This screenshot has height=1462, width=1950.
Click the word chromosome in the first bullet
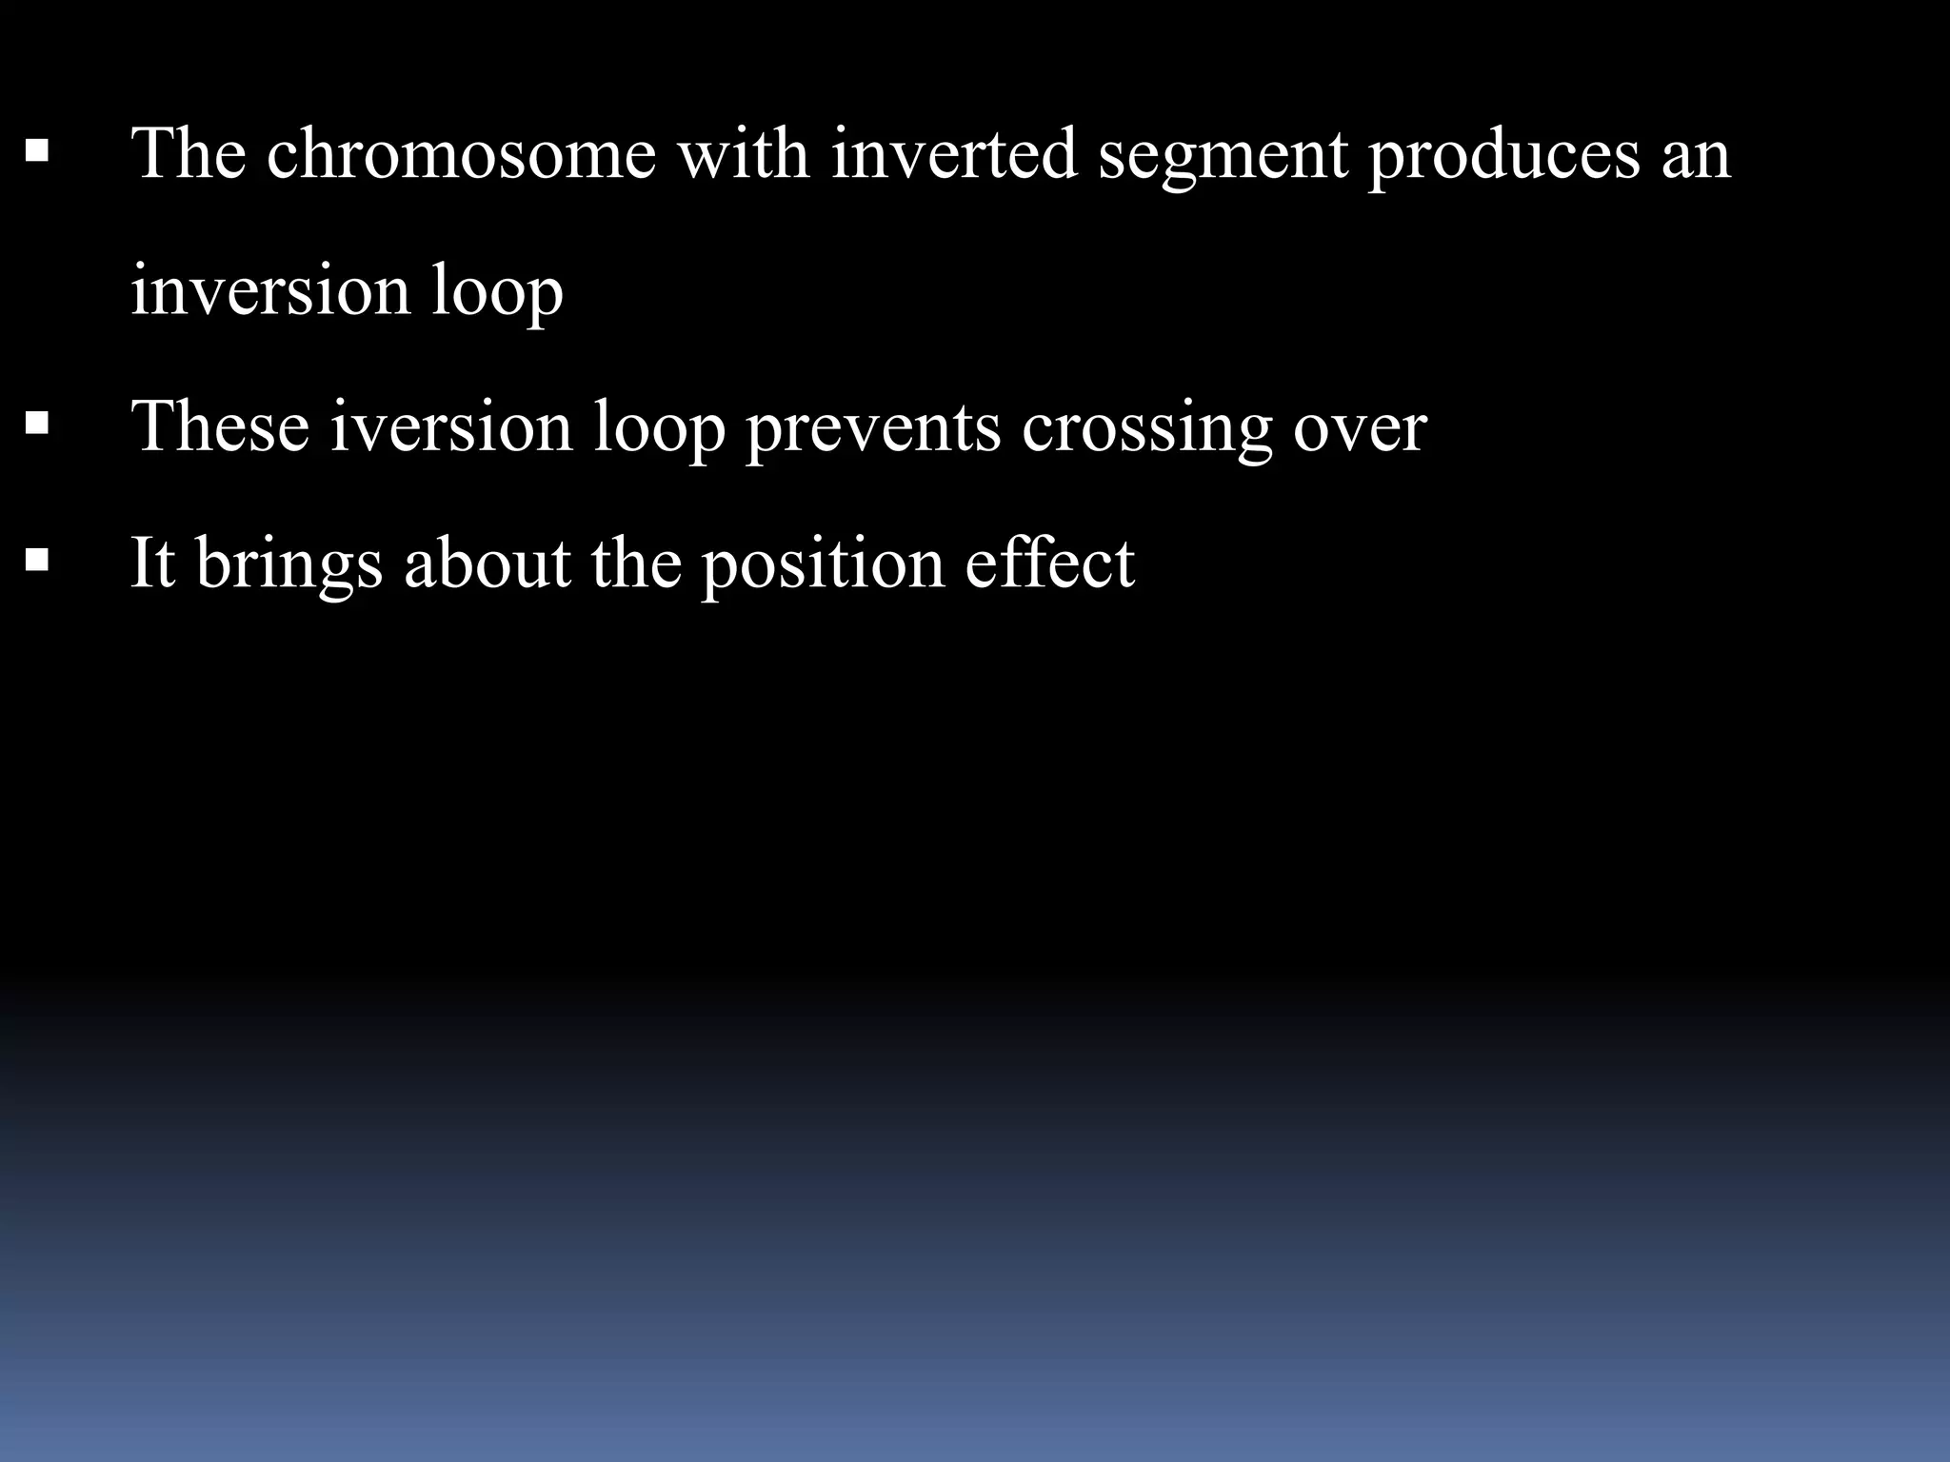coord(461,154)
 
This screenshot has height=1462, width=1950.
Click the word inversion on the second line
coord(269,290)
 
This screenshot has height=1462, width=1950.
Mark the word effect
coord(1049,563)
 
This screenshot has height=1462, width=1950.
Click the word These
coord(220,426)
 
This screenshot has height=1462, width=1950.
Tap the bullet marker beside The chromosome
coord(37,151)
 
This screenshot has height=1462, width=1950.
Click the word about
coord(487,563)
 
